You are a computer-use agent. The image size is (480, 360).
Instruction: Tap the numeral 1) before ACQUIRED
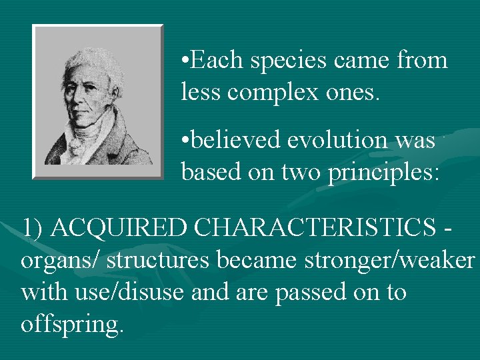pos(32,227)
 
